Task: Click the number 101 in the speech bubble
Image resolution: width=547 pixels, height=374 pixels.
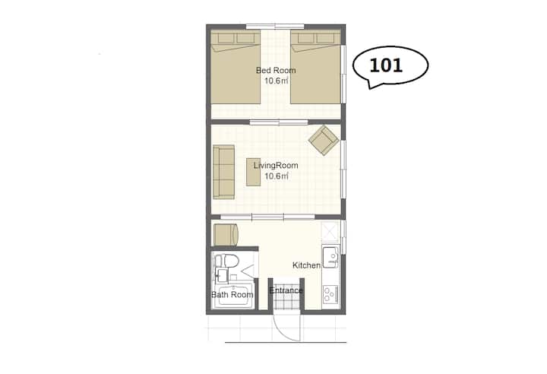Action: pos(386,65)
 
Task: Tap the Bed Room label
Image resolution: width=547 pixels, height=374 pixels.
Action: pos(276,70)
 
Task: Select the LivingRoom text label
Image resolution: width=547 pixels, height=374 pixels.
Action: pos(276,165)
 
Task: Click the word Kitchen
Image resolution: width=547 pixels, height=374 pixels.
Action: pos(307,265)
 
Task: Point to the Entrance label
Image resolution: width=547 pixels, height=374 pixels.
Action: pos(286,290)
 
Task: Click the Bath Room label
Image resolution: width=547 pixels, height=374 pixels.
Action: pos(232,294)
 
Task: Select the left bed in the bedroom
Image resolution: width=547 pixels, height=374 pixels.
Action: pos(236,67)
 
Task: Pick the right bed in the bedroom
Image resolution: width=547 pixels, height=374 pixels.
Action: pos(316,67)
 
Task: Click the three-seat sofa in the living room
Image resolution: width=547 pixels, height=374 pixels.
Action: pos(223,172)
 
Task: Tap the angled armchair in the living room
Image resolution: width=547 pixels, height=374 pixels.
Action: pos(324,140)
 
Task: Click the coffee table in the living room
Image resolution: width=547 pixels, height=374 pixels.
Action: pos(253,172)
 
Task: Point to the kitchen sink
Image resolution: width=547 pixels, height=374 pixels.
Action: pos(330,257)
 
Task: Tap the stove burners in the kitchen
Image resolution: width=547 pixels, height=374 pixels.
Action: pos(330,294)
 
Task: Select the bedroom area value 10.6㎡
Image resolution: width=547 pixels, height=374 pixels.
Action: pos(276,81)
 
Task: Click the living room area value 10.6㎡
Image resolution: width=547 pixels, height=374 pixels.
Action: pos(276,176)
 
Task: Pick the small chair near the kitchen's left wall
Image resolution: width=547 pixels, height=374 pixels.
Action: pos(226,235)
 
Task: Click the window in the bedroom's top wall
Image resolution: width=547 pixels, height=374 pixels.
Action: pos(275,26)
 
